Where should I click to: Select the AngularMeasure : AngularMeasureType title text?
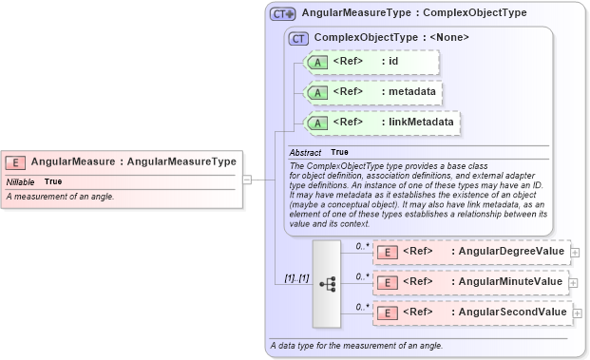pyautogui.click(x=133, y=162)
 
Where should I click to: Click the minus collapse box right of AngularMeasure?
pyautogui.click(x=247, y=178)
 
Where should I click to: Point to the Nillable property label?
pyautogui.click(x=21, y=181)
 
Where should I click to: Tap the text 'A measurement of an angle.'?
pyautogui.click(x=60, y=197)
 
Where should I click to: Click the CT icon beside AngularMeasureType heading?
pyautogui.click(x=283, y=14)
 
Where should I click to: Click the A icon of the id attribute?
pyautogui.click(x=317, y=62)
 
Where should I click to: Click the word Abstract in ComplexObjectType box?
pyautogui.click(x=305, y=152)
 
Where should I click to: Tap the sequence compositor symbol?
pyautogui.click(x=327, y=283)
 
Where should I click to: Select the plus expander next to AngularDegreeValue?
pyautogui.click(x=576, y=253)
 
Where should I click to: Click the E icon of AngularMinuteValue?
pyautogui.click(x=388, y=282)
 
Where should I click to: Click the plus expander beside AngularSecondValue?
pyautogui.click(x=576, y=313)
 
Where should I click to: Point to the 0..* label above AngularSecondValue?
pyautogui.click(x=362, y=307)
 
